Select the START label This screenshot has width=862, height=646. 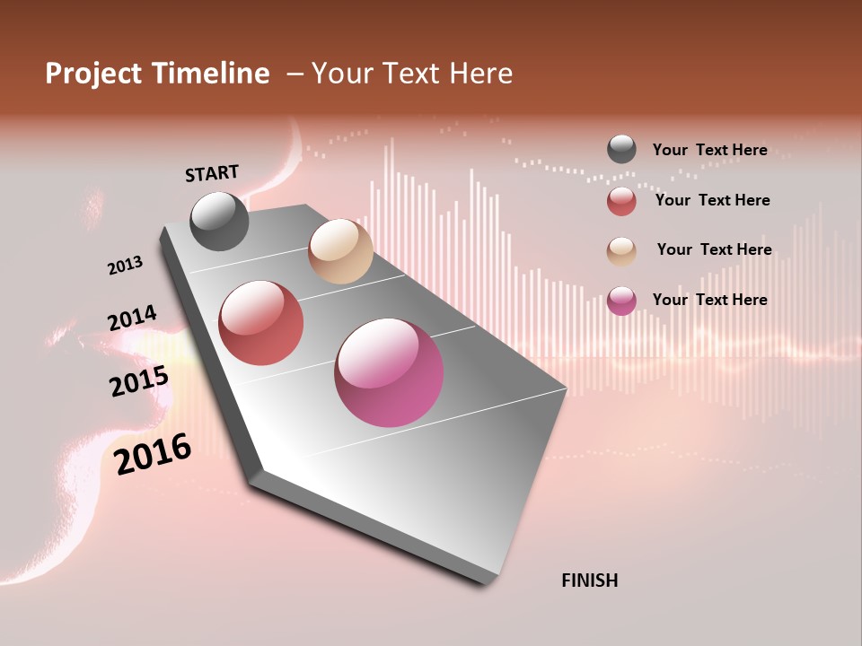point(212,173)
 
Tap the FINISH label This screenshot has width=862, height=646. point(590,581)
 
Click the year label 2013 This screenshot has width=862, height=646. point(125,266)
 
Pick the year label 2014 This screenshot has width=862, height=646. point(132,319)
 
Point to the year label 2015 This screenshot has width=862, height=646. point(139,381)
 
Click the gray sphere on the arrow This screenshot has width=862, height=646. point(219,221)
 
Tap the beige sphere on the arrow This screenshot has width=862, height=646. point(340,251)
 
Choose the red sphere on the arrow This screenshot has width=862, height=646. point(261,323)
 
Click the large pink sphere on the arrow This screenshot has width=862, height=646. point(389,372)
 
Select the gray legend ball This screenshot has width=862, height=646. point(621,149)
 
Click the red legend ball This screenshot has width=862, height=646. point(621,201)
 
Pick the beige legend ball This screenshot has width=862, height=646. point(621,250)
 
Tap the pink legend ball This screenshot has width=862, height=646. point(621,301)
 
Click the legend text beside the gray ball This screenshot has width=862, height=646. point(710,150)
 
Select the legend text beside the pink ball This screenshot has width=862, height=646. point(710,300)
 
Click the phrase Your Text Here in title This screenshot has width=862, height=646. point(412,74)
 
